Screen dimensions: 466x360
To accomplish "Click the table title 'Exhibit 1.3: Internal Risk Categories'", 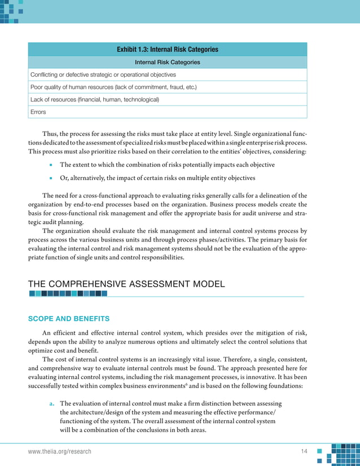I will point(167,50).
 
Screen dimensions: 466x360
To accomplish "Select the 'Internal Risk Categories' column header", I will point(167,62).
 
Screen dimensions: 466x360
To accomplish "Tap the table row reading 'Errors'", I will point(38,112).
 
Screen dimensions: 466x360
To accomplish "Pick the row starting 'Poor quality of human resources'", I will point(113,87).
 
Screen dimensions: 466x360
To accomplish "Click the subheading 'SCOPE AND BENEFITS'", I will point(68,319).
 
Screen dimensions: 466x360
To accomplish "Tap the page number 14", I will point(305,452).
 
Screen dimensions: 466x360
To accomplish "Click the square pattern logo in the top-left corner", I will point(12,11).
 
